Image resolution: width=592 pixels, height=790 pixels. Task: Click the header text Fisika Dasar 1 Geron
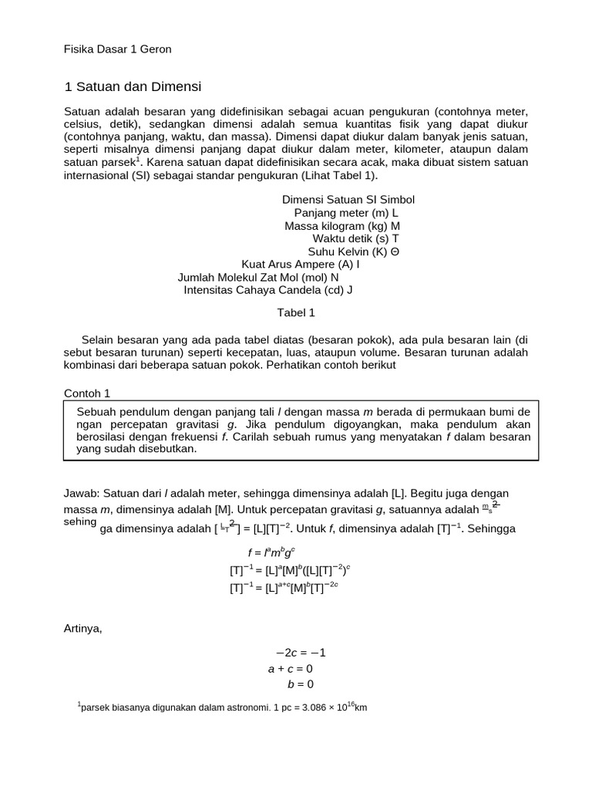pyautogui.click(x=117, y=49)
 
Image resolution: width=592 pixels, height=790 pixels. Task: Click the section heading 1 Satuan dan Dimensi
pyautogui.click(x=132, y=86)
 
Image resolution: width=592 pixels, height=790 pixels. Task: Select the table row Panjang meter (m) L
pyautogui.click(x=346, y=213)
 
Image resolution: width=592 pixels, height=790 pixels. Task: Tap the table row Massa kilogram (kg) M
pyautogui.click(x=342, y=226)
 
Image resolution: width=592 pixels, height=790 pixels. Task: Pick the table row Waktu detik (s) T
pyautogui.click(x=355, y=238)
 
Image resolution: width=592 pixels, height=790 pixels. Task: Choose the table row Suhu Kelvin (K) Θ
pyautogui.click(x=354, y=252)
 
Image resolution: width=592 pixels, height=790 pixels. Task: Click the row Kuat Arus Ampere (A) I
pyautogui.click(x=301, y=265)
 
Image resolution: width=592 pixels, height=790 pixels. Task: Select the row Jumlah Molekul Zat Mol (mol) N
pyautogui.click(x=258, y=278)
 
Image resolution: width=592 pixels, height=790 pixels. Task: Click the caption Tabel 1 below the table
pyautogui.click(x=296, y=313)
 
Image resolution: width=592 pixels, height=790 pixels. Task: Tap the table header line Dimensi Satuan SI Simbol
pyautogui.click(x=348, y=200)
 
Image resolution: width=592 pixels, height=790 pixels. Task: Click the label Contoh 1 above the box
pyautogui.click(x=87, y=393)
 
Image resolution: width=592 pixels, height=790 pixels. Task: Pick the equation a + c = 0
pyautogui.click(x=291, y=669)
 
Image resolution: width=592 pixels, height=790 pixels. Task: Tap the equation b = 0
pyautogui.click(x=301, y=684)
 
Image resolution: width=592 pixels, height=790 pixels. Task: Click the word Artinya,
pyautogui.click(x=82, y=628)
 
